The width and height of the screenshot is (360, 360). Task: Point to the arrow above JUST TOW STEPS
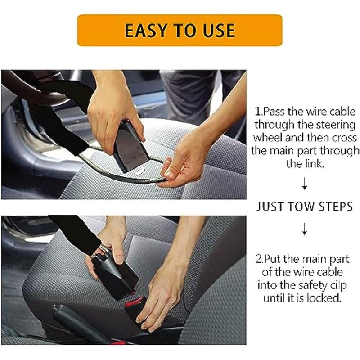coord(305,184)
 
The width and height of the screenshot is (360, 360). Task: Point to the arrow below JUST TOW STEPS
coord(305,229)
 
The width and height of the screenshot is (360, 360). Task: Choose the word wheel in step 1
coord(267,138)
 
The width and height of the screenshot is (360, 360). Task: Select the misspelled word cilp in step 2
coord(338,286)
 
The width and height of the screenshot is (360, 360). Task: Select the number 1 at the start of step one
coord(258,112)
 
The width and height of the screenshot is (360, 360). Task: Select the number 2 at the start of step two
coord(259,259)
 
